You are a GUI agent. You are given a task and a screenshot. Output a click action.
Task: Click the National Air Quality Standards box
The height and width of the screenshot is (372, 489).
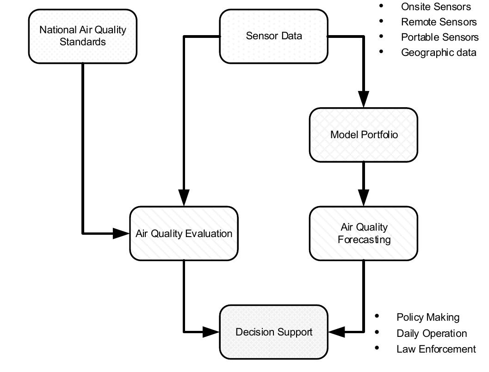pos(83,36)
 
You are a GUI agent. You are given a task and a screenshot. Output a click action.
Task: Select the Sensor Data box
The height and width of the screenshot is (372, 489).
pos(274,36)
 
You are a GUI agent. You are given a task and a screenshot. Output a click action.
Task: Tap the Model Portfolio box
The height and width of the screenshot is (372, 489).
pos(364,135)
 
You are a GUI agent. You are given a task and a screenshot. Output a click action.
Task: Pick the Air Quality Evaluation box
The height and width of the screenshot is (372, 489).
pos(184,233)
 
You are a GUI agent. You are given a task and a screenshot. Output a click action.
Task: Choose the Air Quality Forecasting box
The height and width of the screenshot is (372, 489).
pos(364,233)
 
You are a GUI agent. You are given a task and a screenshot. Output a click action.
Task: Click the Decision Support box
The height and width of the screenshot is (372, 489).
pos(274,332)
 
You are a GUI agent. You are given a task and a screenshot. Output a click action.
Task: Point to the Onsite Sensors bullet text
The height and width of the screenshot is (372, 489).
pos(436,6)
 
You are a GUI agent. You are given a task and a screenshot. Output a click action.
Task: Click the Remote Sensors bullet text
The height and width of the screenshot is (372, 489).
pos(439,22)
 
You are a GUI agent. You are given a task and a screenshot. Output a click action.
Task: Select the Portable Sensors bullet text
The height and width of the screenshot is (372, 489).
pos(439,37)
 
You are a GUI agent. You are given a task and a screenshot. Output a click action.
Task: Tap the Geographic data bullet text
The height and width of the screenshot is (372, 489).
pos(439,52)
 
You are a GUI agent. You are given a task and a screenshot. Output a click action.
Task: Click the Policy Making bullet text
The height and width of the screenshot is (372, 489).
pos(428,317)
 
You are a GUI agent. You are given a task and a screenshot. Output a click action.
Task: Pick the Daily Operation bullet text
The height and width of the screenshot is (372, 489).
pos(432,333)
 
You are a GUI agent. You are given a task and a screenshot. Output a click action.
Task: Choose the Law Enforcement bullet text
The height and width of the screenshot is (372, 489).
pos(436,349)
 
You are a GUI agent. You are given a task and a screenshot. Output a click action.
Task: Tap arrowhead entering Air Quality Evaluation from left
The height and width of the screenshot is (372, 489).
pos(121,233)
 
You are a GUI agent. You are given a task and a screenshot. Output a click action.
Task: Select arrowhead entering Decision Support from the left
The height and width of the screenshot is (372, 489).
pos(211,331)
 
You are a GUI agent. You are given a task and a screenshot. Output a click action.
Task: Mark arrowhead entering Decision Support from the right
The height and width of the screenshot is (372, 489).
pos(336,331)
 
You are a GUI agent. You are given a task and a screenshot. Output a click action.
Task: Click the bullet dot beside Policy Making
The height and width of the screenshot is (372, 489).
pos(377,317)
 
